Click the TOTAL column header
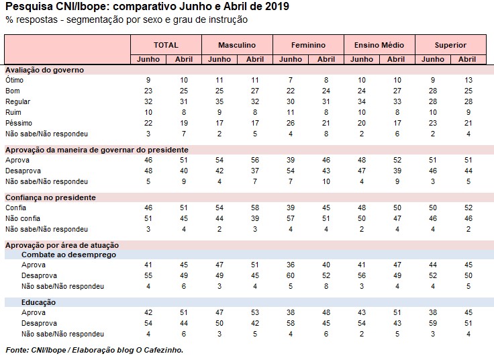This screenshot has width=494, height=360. [x=166, y=45]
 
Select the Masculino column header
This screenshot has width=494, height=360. [x=237, y=45]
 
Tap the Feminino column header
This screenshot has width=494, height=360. [x=308, y=45]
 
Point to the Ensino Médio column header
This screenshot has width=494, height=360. [x=379, y=45]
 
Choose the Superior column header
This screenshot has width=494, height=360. [x=450, y=45]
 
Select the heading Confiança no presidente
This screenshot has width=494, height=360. [x=50, y=197]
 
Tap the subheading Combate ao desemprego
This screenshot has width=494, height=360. [x=69, y=255]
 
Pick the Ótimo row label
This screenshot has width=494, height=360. [x=15, y=80]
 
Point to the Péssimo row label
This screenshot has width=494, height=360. [x=18, y=122]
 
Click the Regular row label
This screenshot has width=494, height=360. [x=19, y=101]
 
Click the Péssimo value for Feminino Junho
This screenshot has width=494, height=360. [x=291, y=122]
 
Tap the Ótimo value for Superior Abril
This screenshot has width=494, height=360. [x=467, y=80]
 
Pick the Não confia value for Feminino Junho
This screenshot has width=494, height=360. [x=291, y=218]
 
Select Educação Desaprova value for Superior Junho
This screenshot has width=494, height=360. [x=432, y=323]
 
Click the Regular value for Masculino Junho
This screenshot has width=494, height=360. [x=219, y=101]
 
